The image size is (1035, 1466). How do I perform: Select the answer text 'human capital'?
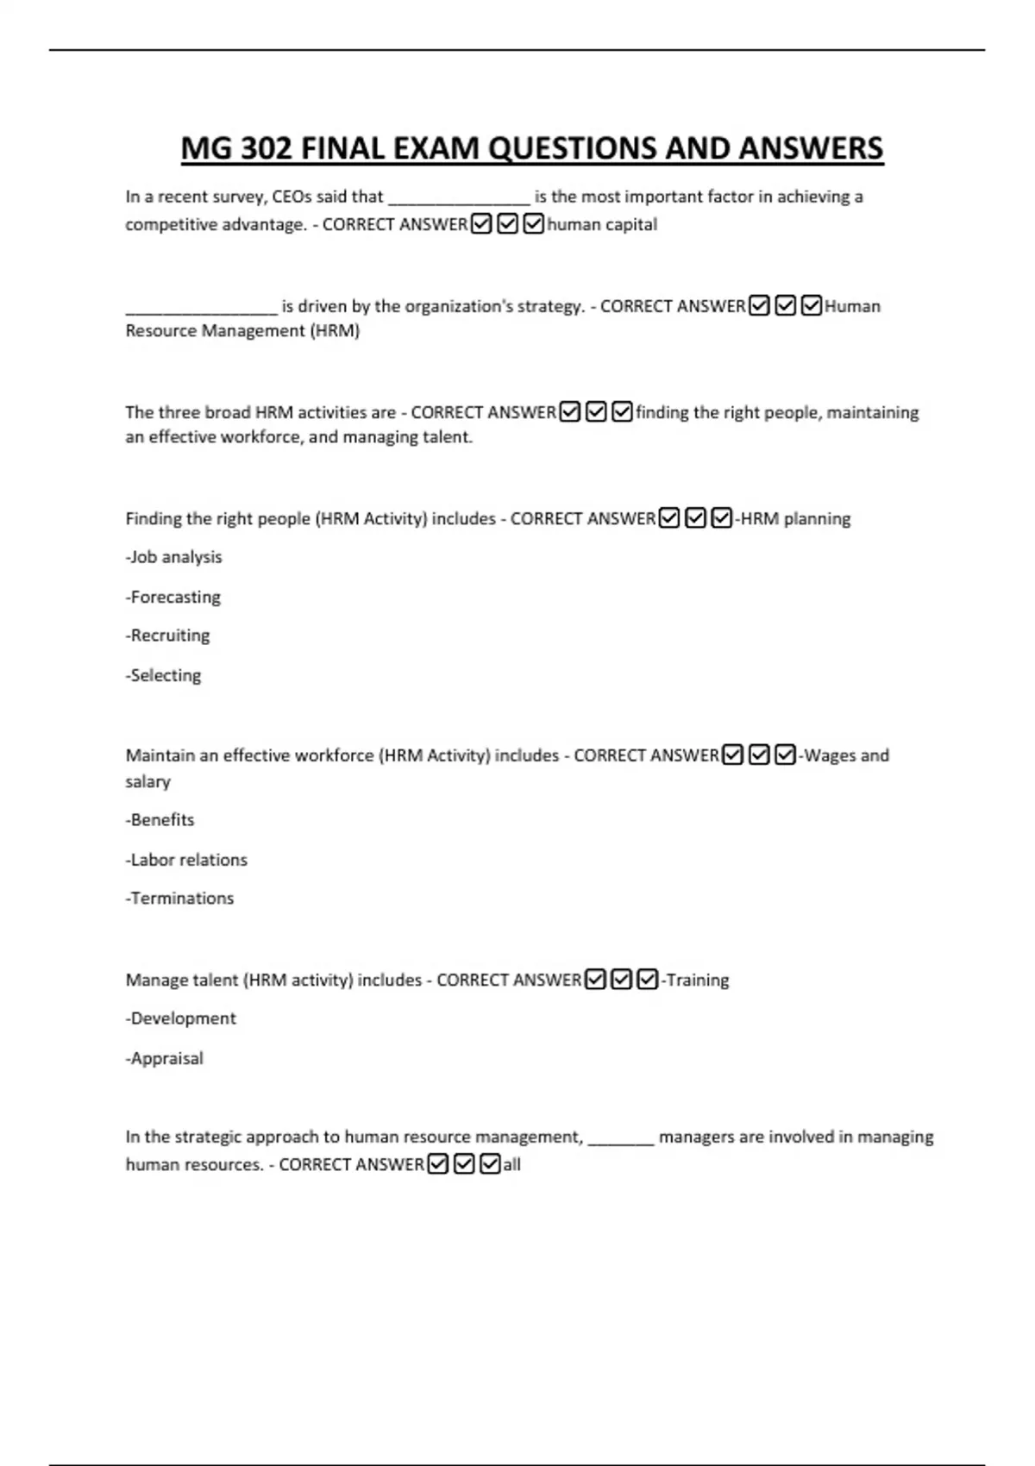602,225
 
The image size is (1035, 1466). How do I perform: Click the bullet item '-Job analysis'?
174,557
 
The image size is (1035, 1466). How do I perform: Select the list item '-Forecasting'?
173,597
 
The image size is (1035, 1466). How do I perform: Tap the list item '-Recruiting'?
168,636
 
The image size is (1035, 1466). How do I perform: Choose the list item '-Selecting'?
164,675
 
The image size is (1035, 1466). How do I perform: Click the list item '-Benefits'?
160,820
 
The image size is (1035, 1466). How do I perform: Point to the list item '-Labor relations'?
186,860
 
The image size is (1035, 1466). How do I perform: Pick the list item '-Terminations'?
180,899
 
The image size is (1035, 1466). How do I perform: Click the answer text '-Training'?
695,980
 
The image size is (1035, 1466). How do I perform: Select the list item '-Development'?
181,1018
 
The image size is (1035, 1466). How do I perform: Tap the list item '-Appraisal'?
165,1058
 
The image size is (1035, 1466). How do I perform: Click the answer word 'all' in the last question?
512,1165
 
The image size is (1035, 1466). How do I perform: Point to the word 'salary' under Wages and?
148,782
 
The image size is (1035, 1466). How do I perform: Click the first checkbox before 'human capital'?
481,224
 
